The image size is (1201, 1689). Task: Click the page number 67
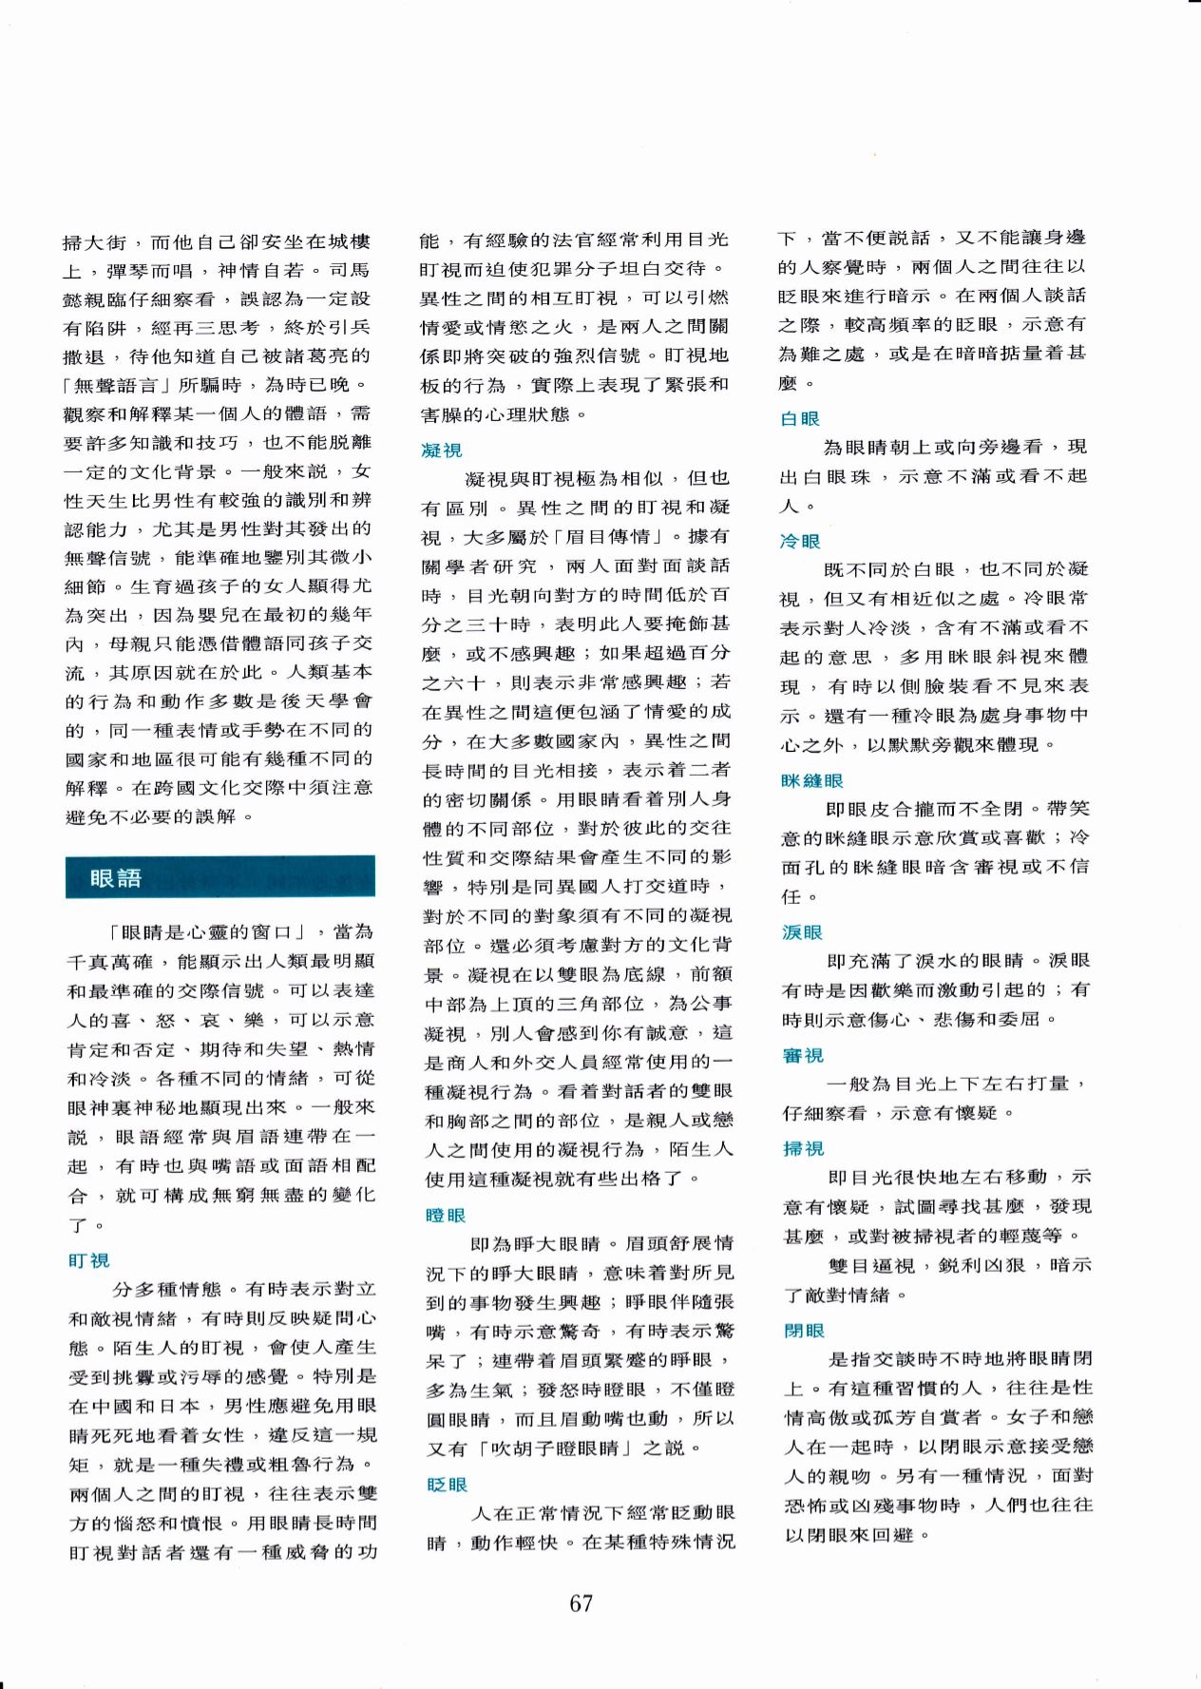click(581, 1603)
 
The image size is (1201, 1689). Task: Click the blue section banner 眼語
click(219, 877)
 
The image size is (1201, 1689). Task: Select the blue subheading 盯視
click(89, 1261)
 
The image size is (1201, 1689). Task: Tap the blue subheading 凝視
click(442, 450)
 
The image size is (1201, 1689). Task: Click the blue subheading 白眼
click(799, 418)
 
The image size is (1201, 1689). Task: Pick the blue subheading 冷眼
click(799, 541)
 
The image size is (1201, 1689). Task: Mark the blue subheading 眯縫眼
click(811, 780)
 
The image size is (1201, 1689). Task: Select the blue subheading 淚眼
click(801, 932)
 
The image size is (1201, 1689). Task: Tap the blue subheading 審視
click(802, 1055)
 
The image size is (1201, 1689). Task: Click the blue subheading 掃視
click(803, 1148)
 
